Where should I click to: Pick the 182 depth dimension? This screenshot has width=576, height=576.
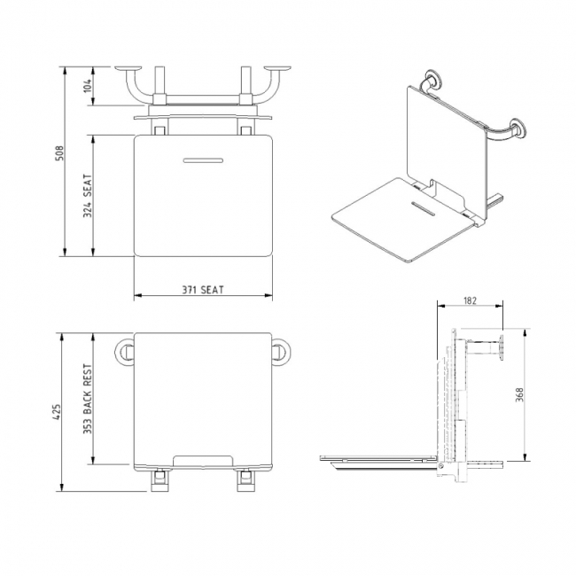[470, 301]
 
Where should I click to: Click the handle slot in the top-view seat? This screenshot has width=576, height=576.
[202, 160]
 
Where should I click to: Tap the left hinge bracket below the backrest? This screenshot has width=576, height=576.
[160, 479]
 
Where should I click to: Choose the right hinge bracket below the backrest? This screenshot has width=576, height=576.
[243, 479]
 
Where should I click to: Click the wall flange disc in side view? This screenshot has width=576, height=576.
[502, 348]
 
